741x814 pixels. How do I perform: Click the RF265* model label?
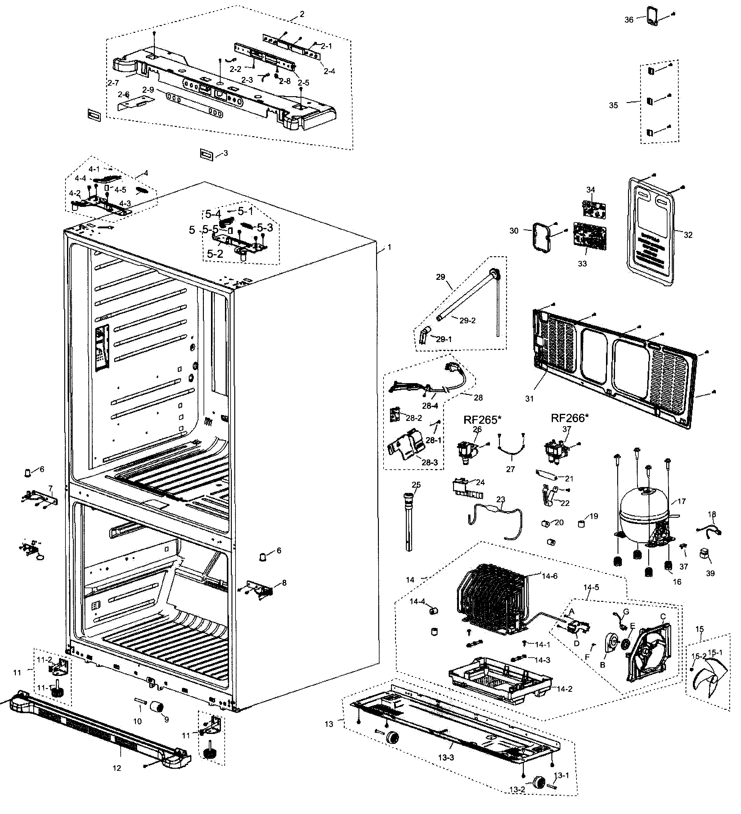tap(482, 419)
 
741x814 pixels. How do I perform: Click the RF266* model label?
tap(570, 418)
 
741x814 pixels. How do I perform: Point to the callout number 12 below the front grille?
tap(117, 768)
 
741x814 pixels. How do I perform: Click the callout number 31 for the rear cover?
tap(529, 399)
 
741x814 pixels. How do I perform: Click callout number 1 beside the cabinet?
tap(389, 247)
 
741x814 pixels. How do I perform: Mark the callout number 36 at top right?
tap(629, 20)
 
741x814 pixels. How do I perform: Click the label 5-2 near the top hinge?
tap(215, 253)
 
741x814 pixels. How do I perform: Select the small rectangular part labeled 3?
tap(206, 154)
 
